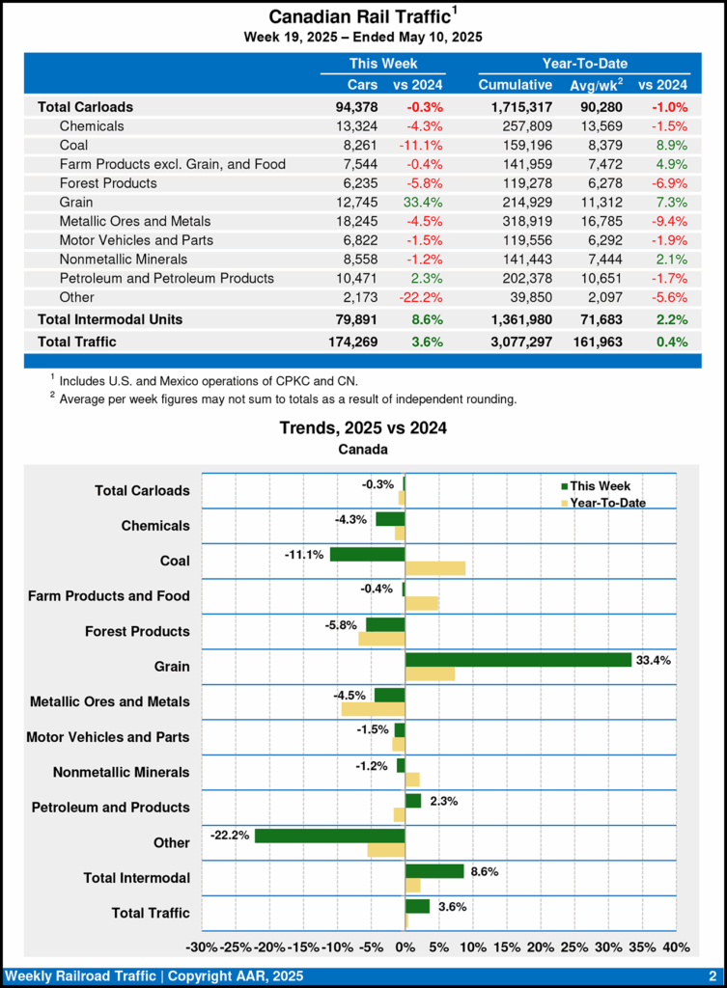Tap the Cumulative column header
point(515,85)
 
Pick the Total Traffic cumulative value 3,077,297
point(515,342)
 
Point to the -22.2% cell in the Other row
point(418,297)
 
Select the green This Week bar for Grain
point(518,660)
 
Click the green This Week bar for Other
point(329,836)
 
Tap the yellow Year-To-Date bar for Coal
point(434,568)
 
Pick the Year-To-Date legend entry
point(606,503)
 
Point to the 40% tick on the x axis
point(676,947)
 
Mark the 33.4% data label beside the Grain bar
point(653,660)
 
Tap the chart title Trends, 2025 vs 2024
point(363,427)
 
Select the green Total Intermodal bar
point(434,870)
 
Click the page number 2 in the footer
point(712,975)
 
